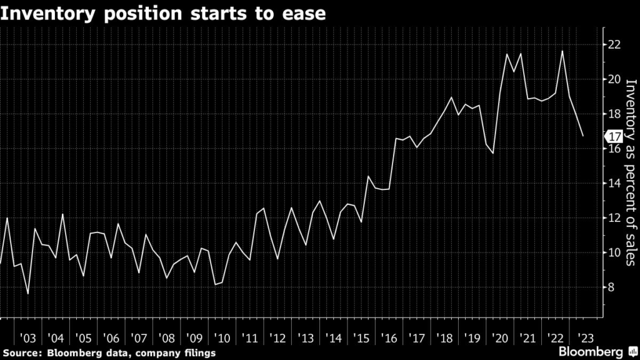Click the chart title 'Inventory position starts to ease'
(163, 12)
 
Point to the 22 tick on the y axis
(614, 44)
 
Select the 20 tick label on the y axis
(614, 79)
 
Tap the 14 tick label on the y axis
(614, 183)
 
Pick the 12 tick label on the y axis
(614, 218)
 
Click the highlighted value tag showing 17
(612, 136)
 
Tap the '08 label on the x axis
(167, 338)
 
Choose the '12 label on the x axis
(279, 338)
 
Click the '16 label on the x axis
(391, 338)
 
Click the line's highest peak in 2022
(562, 51)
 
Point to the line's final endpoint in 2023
(583, 136)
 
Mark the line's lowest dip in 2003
(27, 294)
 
